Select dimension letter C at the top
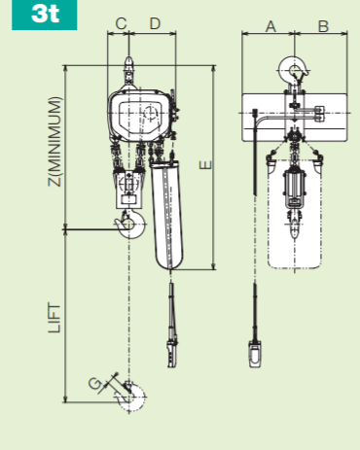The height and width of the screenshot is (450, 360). tap(122, 22)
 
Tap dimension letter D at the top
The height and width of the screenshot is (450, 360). tap(156, 22)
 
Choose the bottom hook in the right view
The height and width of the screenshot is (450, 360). tap(295, 227)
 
